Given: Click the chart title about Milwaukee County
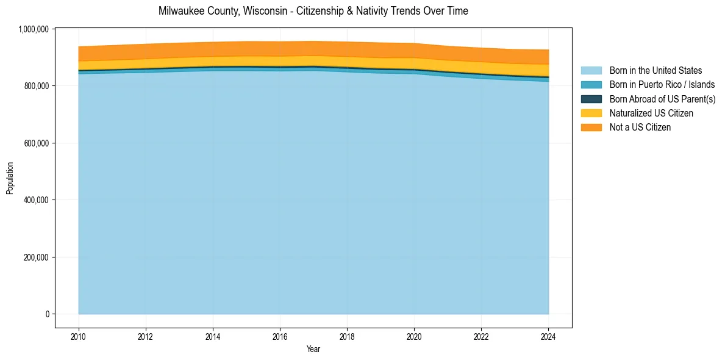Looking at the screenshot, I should pos(313,11).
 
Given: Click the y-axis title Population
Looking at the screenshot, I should pos(10,178).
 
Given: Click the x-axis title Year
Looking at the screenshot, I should pos(313,350).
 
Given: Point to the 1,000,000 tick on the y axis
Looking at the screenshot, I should pos(35,29).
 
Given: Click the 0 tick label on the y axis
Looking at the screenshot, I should pos(46,314).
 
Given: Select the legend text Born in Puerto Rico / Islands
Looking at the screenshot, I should pos(662,85).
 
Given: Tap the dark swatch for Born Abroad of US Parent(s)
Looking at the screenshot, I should pos(591,99).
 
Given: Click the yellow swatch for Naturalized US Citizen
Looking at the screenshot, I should pos(591,113).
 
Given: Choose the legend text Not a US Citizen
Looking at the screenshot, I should pos(640,128).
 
